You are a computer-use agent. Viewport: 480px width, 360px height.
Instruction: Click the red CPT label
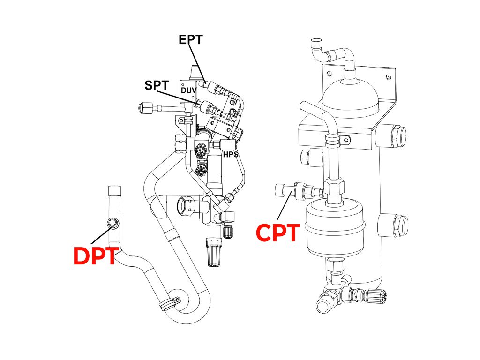click(x=278, y=232)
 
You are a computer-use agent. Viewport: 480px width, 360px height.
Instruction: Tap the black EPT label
click(x=191, y=39)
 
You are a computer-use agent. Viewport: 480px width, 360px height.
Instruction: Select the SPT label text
click(x=157, y=85)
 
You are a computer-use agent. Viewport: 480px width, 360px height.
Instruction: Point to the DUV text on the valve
click(x=188, y=90)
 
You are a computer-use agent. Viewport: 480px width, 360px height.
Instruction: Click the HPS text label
click(x=231, y=155)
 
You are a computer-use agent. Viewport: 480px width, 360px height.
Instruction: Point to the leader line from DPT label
click(x=100, y=236)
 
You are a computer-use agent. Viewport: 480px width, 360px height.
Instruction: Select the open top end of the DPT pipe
click(x=115, y=190)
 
